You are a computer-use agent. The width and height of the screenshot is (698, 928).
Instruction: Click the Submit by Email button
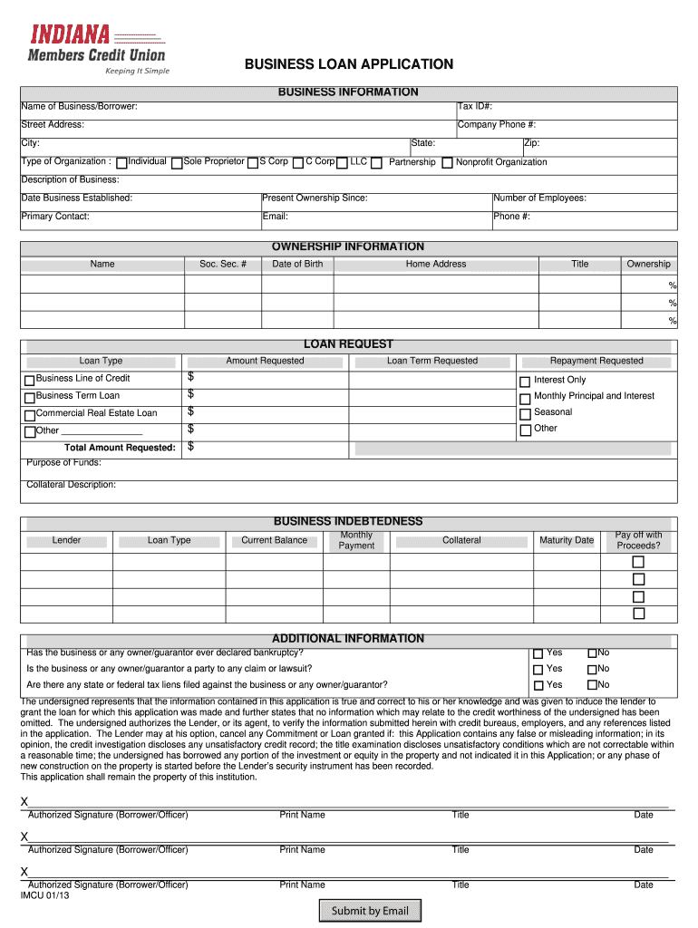(370, 911)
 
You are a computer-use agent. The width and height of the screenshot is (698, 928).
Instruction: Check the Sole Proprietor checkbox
(177, 163)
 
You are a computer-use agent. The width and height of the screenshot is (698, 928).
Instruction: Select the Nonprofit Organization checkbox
(447, 163)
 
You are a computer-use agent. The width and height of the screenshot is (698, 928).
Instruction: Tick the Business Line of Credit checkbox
(30, 380)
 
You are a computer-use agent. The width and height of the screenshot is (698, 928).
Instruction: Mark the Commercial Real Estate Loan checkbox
(30, 414)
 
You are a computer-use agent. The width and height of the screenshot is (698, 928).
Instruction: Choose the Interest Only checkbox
(524, 381)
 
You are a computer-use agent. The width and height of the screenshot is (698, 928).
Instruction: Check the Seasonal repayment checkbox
(524, 413)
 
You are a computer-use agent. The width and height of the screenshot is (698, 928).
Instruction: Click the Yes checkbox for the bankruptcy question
(538, 653)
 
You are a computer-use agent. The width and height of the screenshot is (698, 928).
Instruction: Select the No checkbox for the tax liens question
(592, 686)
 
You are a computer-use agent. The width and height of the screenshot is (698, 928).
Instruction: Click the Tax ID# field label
(475, 107)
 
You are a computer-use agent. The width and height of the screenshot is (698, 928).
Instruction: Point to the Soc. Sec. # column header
(222, 264)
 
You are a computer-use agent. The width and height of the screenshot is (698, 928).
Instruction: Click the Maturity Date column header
(567, 540)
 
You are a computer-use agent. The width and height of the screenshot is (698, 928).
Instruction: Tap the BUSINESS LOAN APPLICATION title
(349, 64)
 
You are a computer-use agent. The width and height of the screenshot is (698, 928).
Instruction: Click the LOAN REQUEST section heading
(348, 343)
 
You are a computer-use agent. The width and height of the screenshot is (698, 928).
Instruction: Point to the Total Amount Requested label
(120, 448)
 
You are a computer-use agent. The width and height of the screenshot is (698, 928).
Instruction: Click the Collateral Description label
(72, 485)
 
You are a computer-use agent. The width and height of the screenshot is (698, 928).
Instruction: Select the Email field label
(276, 217)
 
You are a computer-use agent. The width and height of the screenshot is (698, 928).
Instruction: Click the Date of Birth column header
(297, 264)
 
